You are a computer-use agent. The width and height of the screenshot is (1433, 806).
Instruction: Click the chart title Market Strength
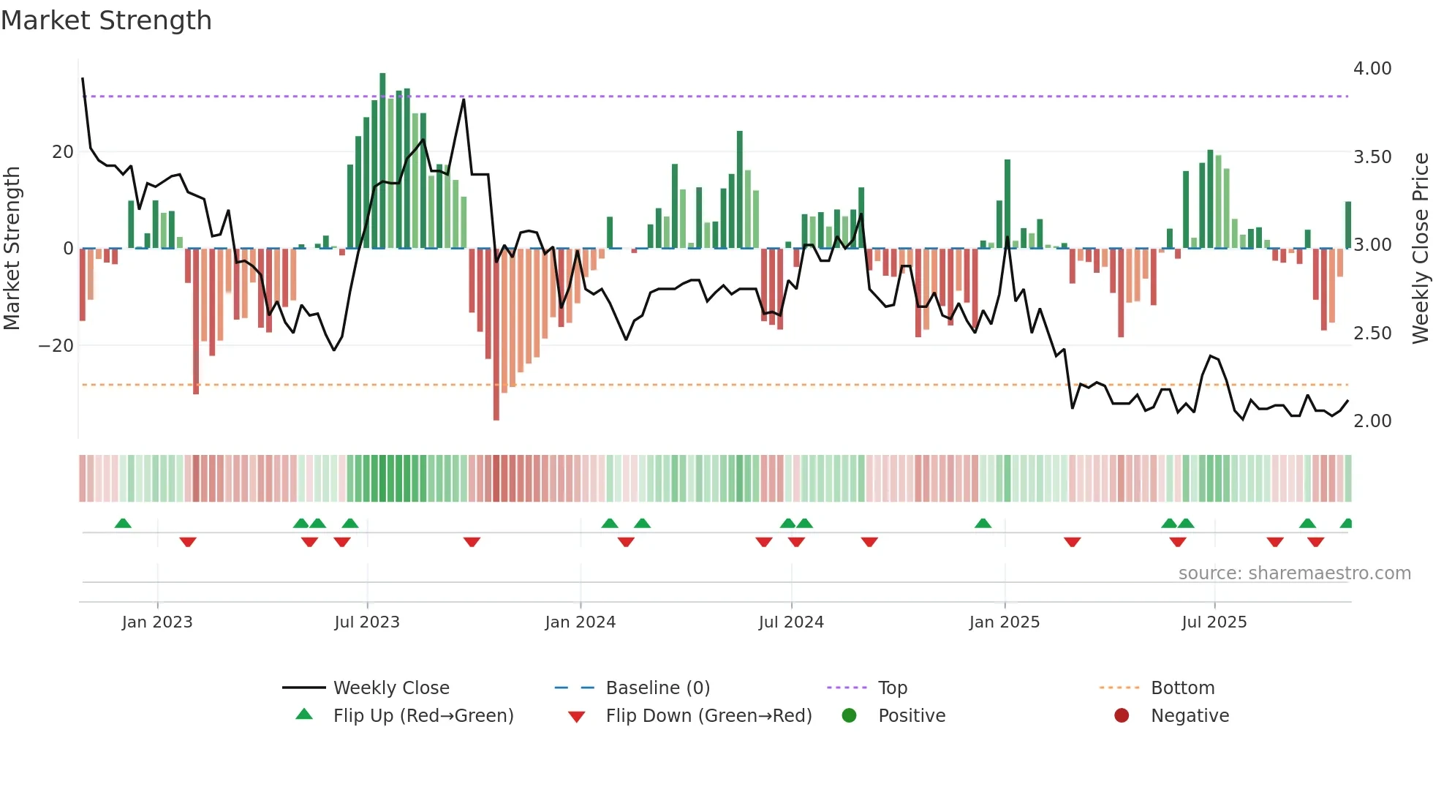[107, 20]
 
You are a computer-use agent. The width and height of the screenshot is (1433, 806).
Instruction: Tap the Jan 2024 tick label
[580, 622]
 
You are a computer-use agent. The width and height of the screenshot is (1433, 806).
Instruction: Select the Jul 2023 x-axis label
[367, 622]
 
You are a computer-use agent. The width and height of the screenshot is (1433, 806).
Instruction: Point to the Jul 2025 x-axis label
[1214, 622]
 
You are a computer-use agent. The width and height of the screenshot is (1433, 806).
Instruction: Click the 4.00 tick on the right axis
[1372, 69]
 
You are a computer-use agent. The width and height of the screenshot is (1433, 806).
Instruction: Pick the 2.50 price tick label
[1372, 334]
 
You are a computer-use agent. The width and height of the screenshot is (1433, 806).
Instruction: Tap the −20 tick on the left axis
[56, 346]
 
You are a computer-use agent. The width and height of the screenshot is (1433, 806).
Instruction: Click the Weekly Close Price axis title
[1420, 248]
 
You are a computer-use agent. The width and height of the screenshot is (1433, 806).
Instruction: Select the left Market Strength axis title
[12, 248]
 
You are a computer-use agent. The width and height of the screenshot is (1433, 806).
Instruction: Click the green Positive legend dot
[849, 716]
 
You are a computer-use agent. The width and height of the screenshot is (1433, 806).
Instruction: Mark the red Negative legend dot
[1122, 716]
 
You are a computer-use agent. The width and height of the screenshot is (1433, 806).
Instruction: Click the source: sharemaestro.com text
[1294, 573]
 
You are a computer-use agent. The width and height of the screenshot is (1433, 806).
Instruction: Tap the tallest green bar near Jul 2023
[382, 161]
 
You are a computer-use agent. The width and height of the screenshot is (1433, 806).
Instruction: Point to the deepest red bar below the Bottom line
[496, 336]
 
